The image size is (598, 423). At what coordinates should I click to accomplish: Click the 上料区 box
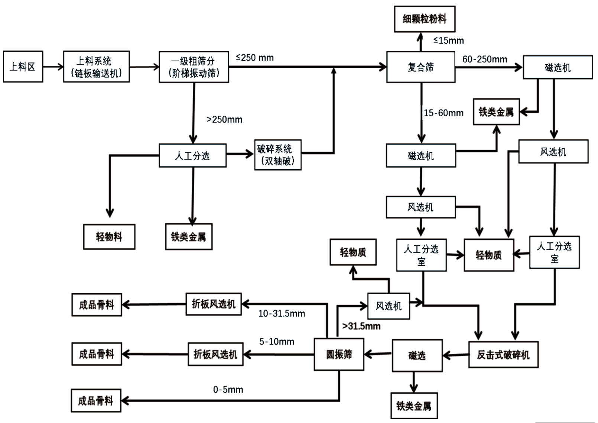click(x=23, y=67)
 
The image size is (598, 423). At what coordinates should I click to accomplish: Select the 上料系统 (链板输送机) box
click(x=96, y=67)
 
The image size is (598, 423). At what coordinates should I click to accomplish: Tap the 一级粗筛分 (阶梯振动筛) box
click(x=194, y=67)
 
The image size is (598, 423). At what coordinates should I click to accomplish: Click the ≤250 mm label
click(x=255, y=58)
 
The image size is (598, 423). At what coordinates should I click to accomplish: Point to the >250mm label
click(x=224, y=119)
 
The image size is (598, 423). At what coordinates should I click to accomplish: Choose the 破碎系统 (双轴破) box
click(x=277, y=155)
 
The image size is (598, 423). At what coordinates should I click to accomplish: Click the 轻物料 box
click(x=109, y=237)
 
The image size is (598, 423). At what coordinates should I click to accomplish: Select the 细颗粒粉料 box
click(x=425, y=19)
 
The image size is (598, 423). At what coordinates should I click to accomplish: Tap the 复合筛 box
click(x=420, y=67)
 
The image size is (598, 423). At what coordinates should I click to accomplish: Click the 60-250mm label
click(x=485, y=59)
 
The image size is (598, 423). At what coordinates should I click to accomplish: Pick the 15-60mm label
click(x=444, y=113)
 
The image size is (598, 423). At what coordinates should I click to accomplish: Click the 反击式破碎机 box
click(x=503, y=355)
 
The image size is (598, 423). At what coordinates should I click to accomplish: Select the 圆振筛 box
click(x=339, y=354)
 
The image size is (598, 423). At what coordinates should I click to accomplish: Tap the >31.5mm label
click(x=361, y=326)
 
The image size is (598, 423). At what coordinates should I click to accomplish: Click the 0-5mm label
click(x=228, y=390)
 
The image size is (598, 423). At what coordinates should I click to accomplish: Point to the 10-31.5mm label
click(x=282, y=313)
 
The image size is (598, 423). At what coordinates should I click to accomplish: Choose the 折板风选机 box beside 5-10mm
click(x=215, y=354)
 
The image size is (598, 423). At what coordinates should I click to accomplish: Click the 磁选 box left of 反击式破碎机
click(x=417, y=356)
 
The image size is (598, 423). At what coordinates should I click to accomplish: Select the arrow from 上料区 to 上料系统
click(x=53, y=67)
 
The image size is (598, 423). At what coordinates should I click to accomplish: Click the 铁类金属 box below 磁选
click(x=413, y=406)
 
